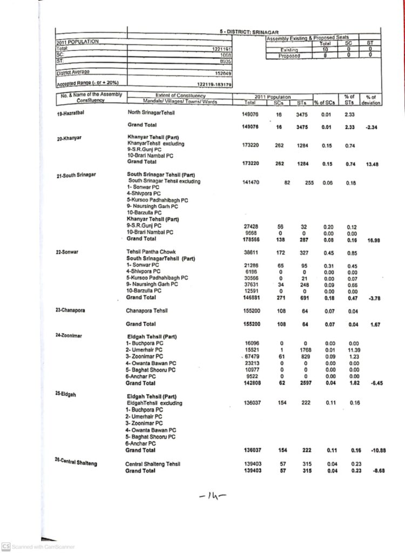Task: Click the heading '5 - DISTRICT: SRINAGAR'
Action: [x=249, y=32]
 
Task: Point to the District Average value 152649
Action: [x=223, y=73]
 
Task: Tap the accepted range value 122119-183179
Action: [x=214, y=85]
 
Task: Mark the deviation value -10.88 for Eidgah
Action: [x=373, y=450]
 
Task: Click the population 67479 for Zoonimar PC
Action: [x=253, y=356]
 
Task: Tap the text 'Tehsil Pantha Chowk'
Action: [x=151, y=252]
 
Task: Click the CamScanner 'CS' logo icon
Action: [x=6, y=546]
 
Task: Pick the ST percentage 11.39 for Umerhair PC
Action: [x=354, y=350]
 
